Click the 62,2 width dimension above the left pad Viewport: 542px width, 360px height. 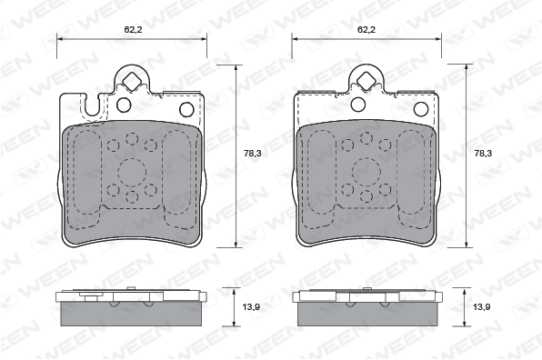(x=133, y=30)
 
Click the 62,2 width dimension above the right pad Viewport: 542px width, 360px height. (x=366, y=30)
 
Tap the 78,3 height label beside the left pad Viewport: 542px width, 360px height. (x=253, y=154)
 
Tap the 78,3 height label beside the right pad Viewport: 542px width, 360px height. (x=483, y=154)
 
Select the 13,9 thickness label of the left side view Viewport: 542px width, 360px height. (x=251, y=306)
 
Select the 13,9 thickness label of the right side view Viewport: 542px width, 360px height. (x=481, y=306)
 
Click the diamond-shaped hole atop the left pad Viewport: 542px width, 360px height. (x=132, y=81)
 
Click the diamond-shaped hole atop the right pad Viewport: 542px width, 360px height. (x=366, y=81)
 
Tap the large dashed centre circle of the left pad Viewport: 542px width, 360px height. (x=132, y=173)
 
